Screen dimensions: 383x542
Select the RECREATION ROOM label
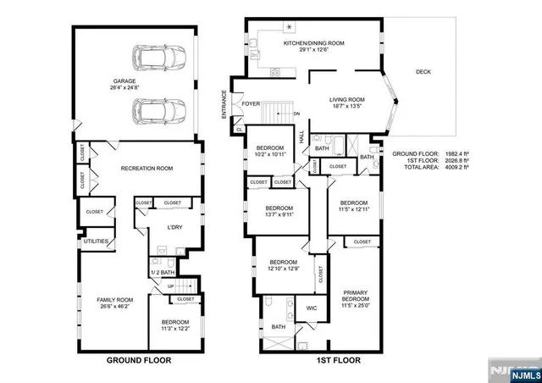point(147,169)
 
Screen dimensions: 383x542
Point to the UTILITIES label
point(95,241)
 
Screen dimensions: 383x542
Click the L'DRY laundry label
point(174,227)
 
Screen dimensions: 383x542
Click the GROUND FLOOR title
point(138,360)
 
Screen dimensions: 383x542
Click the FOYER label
point(251,104)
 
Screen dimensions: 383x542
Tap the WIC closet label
point(311,308)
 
